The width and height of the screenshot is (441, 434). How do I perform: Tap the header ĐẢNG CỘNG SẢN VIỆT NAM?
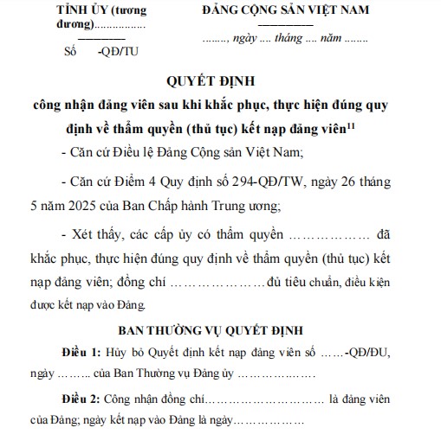coord(285,10)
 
